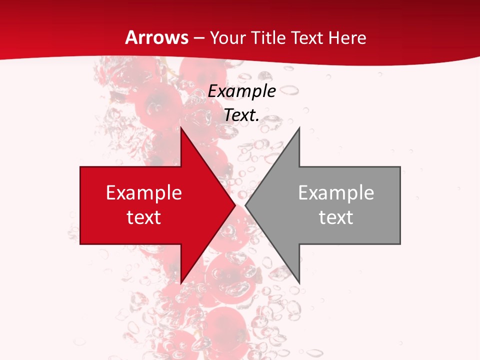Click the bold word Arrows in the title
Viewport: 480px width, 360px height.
click(x=156, y=37)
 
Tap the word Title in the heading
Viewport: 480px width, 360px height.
click(x=267, y=37)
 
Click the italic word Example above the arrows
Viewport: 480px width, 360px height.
click(x=242, y=91)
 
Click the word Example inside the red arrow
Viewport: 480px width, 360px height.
click(x=144, y=193)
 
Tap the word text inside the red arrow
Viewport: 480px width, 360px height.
click(x=144, y=217)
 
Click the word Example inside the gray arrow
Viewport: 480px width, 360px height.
click(x=336, y=193)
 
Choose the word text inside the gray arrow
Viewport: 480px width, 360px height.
click(x=336, y=217)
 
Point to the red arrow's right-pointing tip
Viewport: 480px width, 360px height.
click(x=235, y=205)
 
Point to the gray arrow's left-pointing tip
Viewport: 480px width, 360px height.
click(x=245, y=205)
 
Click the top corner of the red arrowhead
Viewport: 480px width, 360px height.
click(x=181, y=128)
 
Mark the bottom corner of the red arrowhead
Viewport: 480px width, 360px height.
click(x=181, y=283)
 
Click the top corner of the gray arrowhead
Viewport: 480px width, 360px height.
click(x=299, y=128)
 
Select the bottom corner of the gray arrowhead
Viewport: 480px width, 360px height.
click(x=299, y=283)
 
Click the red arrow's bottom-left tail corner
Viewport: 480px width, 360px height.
click(x=80, y=244)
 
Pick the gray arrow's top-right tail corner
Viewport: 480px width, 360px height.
click(x=400, y=167)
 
